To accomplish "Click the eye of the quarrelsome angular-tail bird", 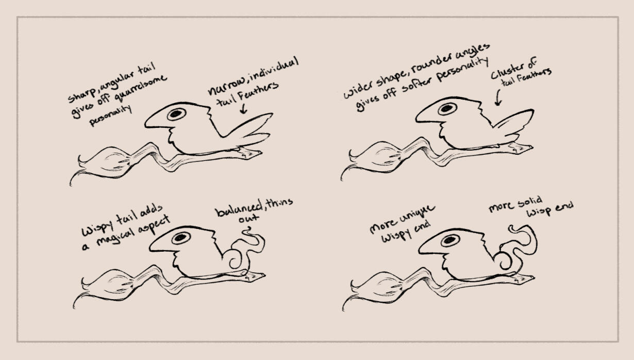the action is (x=176, y=114).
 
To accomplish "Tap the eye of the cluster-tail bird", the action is (x=447, y=109).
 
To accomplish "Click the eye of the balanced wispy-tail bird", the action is (x=181, y=238).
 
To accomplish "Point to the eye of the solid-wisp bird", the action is (x=449, y=240).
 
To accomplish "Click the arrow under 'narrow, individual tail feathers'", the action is (x=243, y=109).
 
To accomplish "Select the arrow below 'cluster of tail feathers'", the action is (x=498, y=97).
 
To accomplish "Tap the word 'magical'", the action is (x=115, y=234).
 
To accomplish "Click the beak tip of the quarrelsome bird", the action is (x=146, y=124).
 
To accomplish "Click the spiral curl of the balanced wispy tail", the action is (x=235, y=258).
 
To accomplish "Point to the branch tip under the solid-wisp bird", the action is (x=533, y=277).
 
